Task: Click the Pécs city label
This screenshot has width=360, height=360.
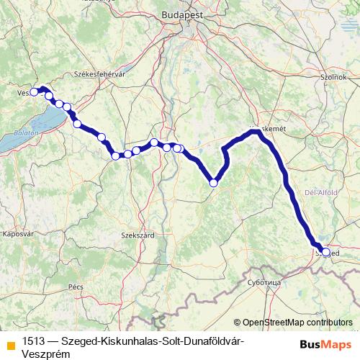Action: pyautogui.click(x=76, y=287)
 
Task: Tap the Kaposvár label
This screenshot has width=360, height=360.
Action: pyautogui.click(x=19, y=234)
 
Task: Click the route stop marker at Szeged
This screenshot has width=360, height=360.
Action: pyautogui.click(x=326, y=253)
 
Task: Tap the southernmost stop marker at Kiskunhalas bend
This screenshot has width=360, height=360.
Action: pyautogui.click(x=214, y=183)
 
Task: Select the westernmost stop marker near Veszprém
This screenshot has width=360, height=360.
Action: pyautogui.click(x=34, y=92)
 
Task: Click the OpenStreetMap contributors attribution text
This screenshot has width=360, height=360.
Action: pyautogui.click(x=297, y=323)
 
